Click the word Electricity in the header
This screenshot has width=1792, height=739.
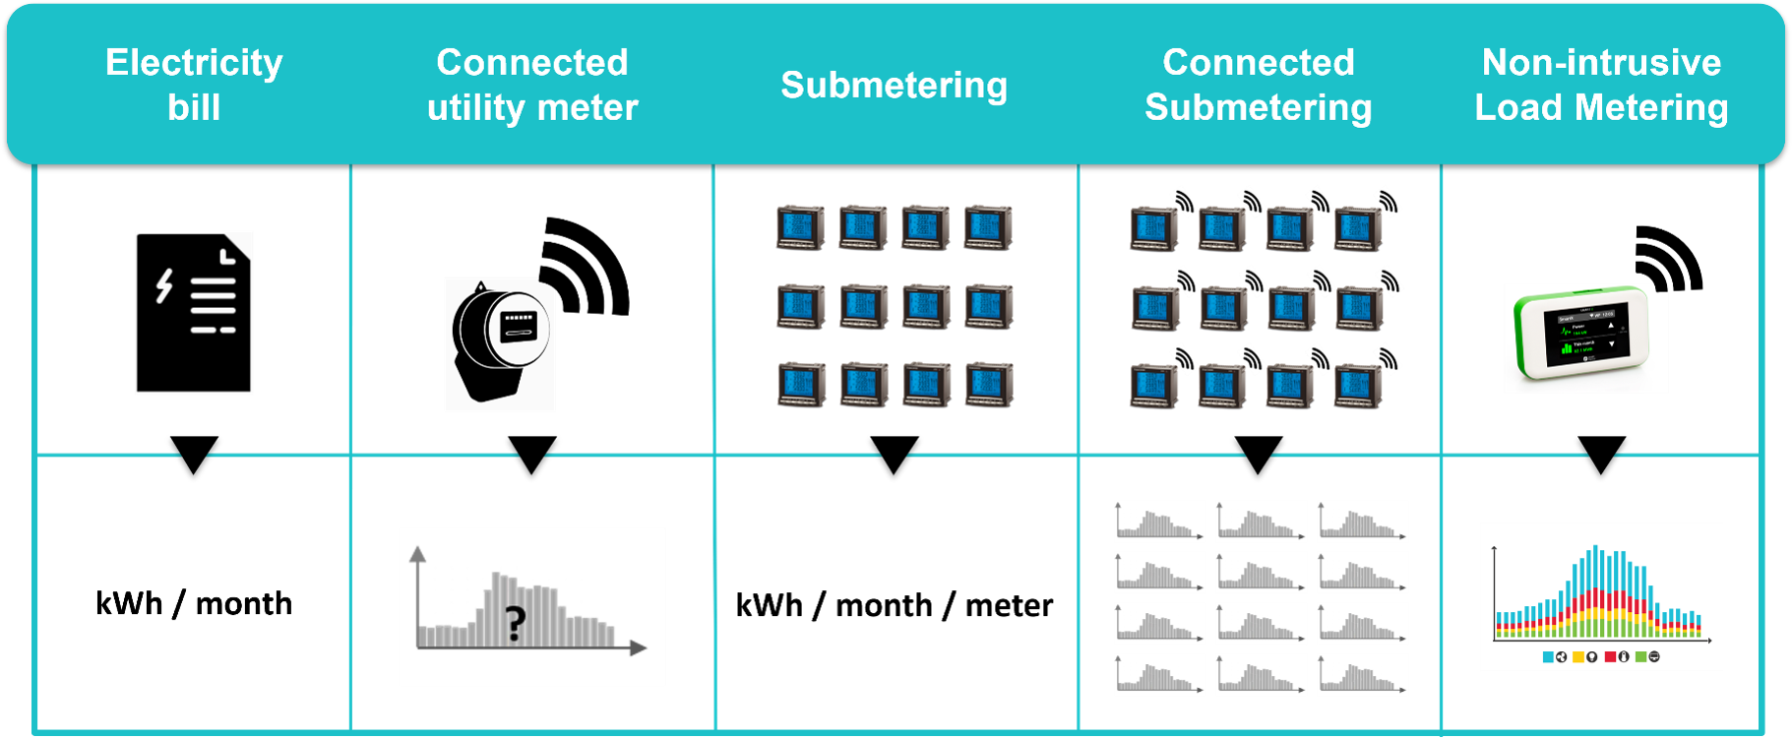[194, 63]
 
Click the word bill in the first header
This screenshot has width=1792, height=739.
[194, 107]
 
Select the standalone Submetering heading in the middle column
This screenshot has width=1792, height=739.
[894, 86]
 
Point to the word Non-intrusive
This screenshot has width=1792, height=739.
[1601, 63]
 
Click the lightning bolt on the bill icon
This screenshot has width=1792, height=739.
[164, 285]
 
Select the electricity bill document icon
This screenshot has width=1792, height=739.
[194, 313]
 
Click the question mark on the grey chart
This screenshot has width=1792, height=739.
[515, 624]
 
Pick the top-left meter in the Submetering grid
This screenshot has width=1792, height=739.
[800, 227]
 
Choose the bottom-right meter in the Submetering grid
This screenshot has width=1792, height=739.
[989, 385]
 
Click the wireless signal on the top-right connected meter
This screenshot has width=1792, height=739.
[1389, 200]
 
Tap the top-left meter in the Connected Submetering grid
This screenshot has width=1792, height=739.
[1153, 228]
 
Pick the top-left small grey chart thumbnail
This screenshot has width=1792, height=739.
[1160, 522]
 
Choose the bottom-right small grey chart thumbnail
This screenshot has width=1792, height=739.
[1363, 675]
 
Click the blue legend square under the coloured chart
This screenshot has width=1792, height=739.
[1548, 656]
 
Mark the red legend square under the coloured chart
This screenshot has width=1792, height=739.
[1610, 656]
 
